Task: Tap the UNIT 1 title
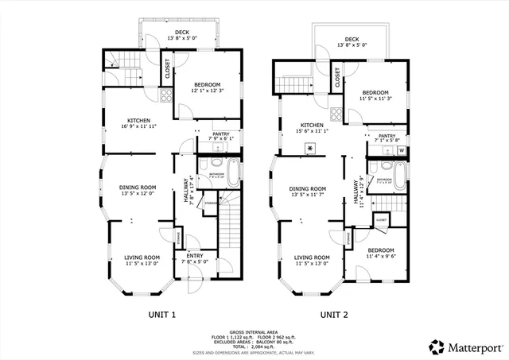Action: [x=161, y=315]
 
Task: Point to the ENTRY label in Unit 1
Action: [x=194, y=255]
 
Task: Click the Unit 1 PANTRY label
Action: [x=221, y=134]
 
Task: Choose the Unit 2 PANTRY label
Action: [x=387, y=136]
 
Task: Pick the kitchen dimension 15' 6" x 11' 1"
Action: [x=312, y=130]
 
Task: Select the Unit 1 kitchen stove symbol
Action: [x=166, y=96]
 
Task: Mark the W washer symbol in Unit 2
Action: [x=402, y=149]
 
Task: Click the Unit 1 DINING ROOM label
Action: [x=137, y=188]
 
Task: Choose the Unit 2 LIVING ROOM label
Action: [x=312, y=257]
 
